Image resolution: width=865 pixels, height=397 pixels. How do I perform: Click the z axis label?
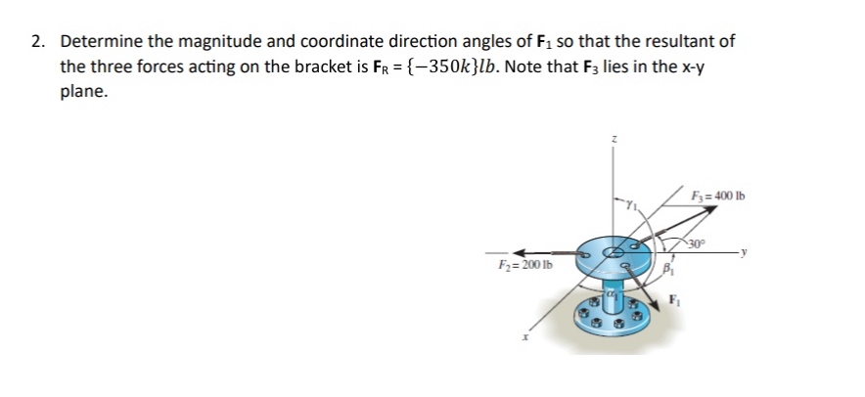point(615,141)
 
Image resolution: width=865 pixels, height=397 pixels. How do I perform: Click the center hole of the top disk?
point(615,252)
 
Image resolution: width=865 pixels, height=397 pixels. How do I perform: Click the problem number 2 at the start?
point(36,43)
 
